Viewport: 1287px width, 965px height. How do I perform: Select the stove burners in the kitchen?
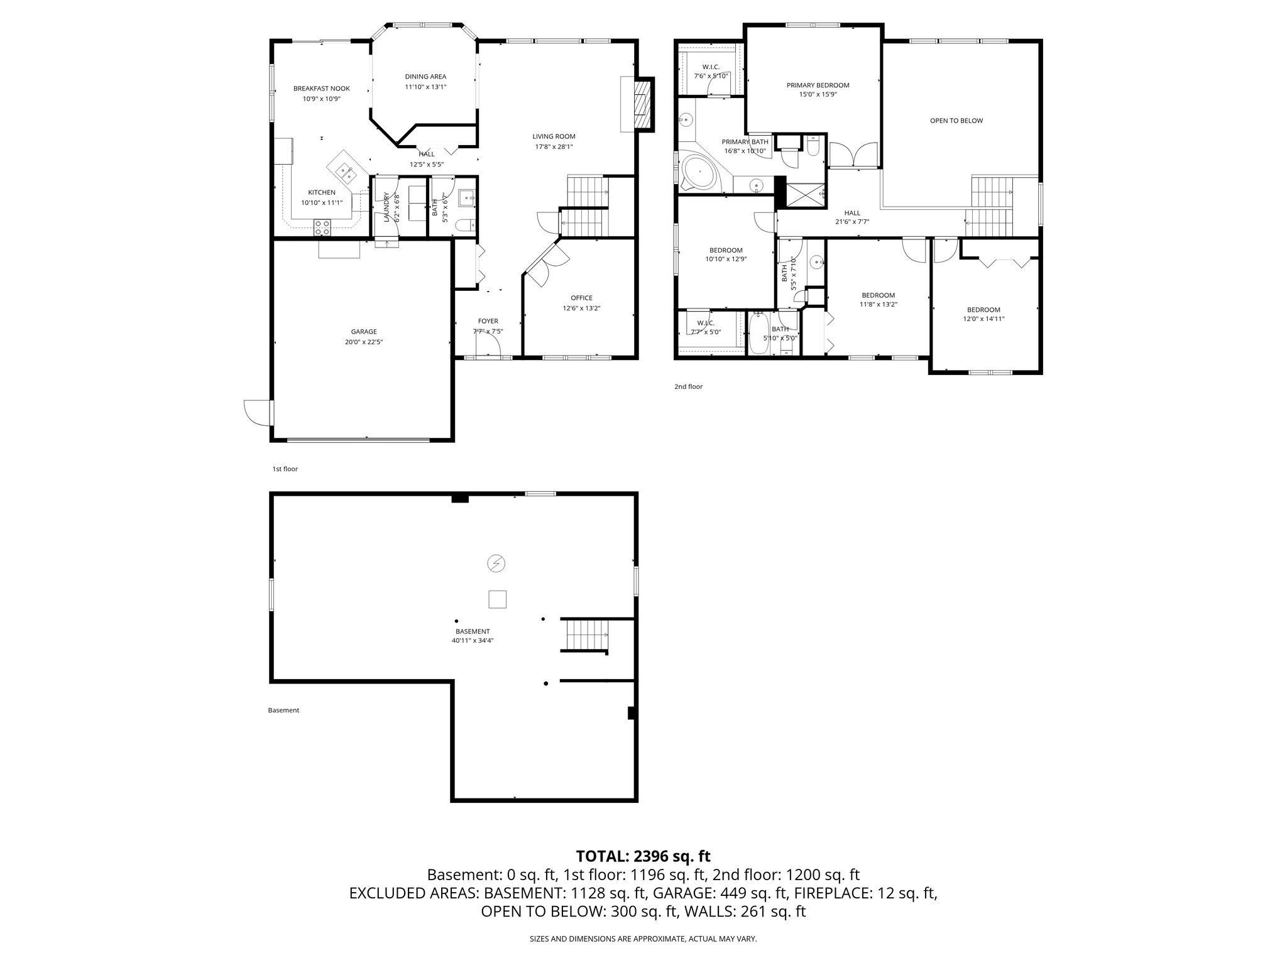322,227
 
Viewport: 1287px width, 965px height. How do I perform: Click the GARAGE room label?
364,332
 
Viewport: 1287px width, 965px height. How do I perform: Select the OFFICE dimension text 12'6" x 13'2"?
581,308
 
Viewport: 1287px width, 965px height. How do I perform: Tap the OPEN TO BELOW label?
956,121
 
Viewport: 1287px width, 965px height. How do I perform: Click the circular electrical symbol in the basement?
496,564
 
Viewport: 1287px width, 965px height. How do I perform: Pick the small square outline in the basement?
497,599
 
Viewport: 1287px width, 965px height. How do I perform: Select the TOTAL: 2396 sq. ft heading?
643,856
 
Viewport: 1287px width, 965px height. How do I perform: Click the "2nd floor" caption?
688,386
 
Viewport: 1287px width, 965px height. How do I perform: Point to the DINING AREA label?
425,77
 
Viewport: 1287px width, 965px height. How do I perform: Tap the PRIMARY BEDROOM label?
818,85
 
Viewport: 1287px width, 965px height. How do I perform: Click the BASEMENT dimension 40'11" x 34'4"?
472,641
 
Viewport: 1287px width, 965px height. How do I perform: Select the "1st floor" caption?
285,469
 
